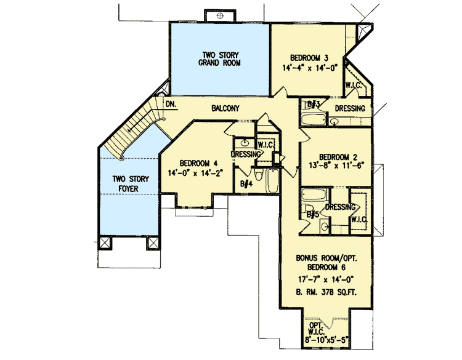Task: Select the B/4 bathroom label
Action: click(x=246, y=183)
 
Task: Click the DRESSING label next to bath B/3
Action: click(x=349, y=109)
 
